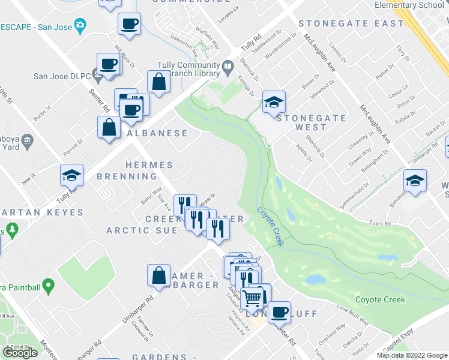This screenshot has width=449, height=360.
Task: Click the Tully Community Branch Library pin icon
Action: tap(228, 68)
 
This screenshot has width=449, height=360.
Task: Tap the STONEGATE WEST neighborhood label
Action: tap(311, 122)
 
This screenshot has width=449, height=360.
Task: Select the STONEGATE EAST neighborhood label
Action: tap(351, 23)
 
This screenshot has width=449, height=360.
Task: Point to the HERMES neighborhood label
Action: tap(149, 165)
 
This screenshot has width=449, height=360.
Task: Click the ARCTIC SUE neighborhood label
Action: tap(142, 230)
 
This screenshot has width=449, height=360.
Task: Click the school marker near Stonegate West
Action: tap(274, 101)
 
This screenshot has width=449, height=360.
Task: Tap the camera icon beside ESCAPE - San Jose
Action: tap(79, 26)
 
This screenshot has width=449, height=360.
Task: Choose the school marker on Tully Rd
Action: tap(71, 175)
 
